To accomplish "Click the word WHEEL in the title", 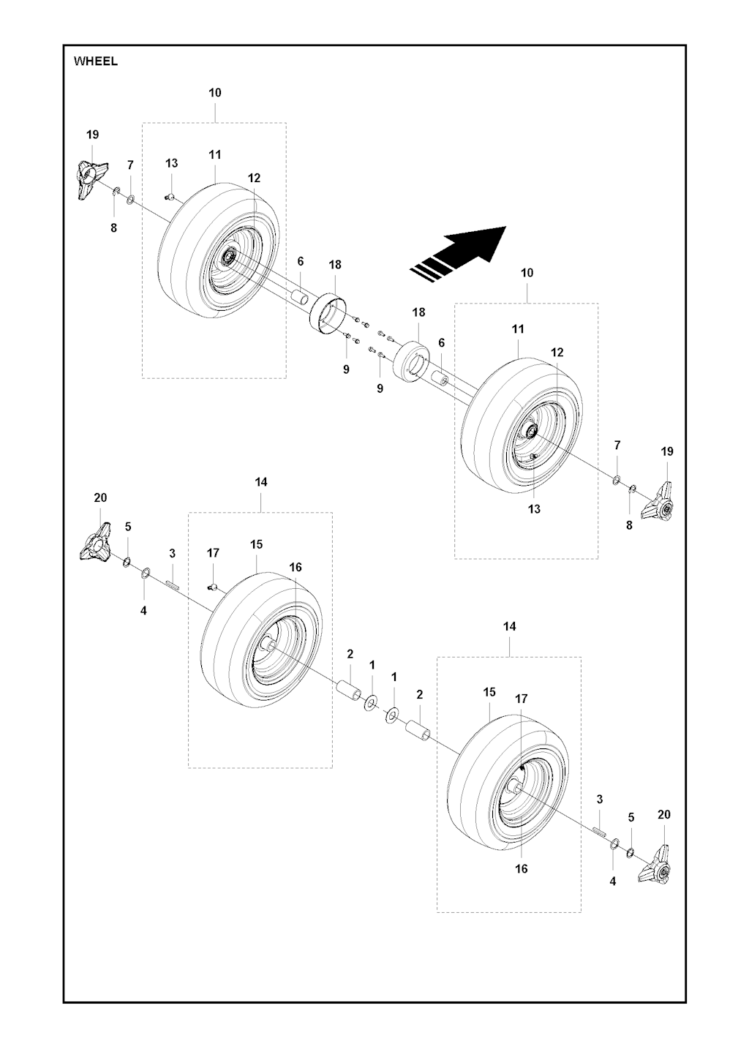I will (x=96, y=62).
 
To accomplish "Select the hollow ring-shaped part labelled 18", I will (x=327, y=314).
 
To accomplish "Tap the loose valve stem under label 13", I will (x=170, y=195).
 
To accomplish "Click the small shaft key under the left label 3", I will (x=173, y=584).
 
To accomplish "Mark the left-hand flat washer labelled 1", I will (x=370, y=704).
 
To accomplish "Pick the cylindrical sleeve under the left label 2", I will (x=348, y=691).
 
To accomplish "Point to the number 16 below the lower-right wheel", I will (x=521, y=869).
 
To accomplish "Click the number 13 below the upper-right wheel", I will (x=534, y=509).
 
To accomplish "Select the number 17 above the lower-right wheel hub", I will (x=521, y=699).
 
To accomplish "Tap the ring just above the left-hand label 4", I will (x=146, y=573).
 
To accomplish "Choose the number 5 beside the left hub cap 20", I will (x=128, y=527).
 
